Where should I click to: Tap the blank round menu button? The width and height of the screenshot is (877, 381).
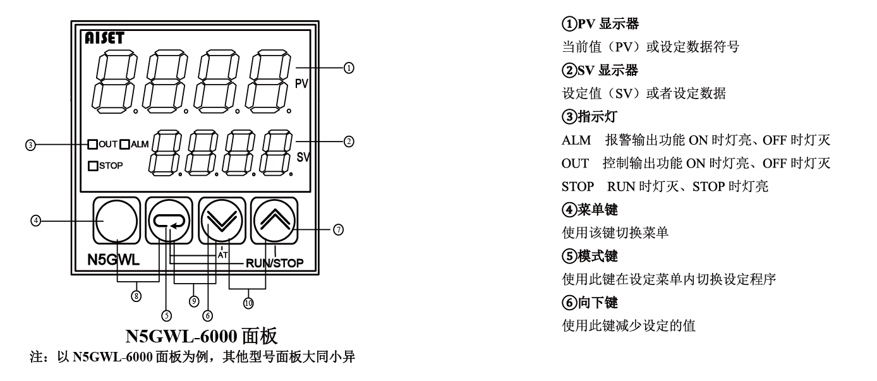117,221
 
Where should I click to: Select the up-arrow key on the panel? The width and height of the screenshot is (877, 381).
274,221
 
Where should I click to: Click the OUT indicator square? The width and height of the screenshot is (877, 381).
93,143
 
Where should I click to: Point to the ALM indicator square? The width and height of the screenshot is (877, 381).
124,143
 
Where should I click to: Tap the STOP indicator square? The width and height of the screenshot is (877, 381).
93,166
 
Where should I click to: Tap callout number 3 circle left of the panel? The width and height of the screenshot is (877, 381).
29,144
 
